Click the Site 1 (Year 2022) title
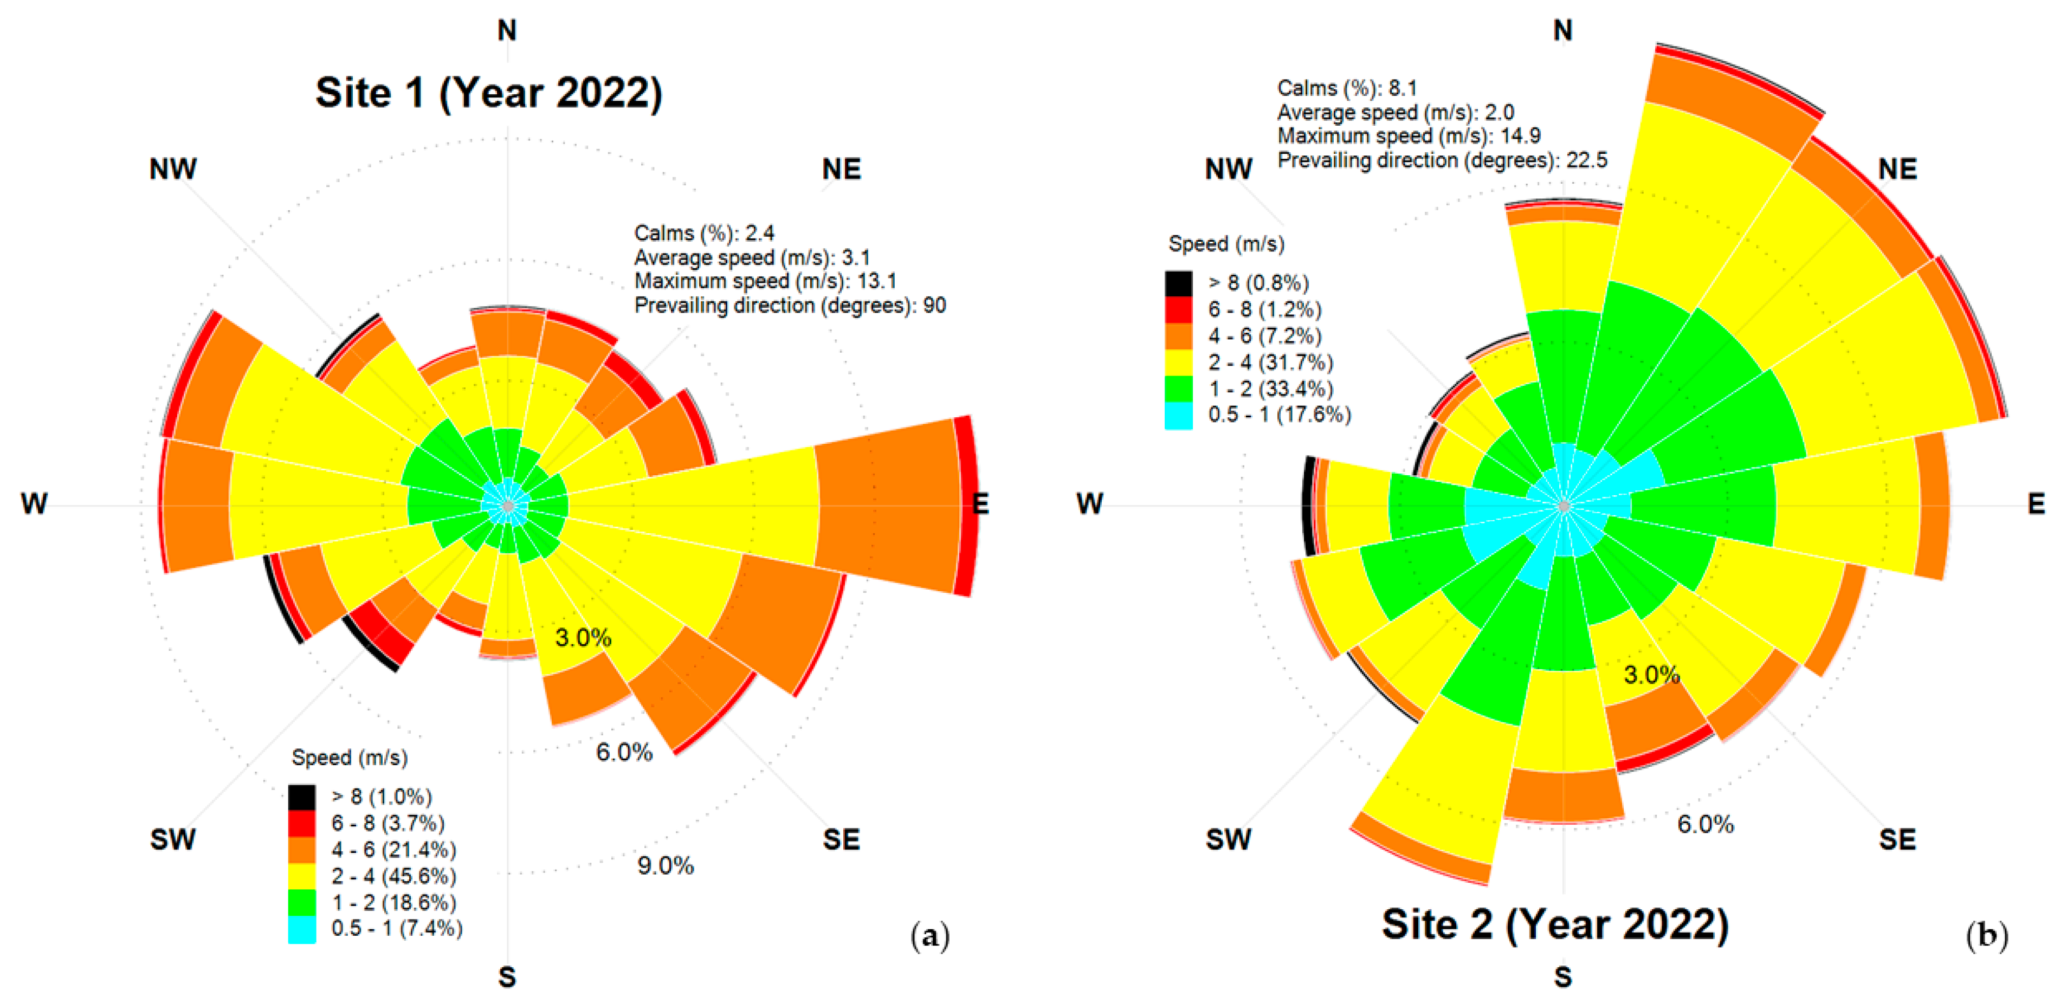coord(489,94)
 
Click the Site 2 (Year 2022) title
coord(1554,924)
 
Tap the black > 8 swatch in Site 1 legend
coord(301,797)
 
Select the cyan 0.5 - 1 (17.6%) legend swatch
coord(1178,415)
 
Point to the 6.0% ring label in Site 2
coord(1705,824)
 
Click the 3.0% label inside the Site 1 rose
coord(583,637)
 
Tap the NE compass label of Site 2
coord(1897,170)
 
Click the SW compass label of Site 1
coord(173,839)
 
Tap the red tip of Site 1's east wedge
coord(965,506)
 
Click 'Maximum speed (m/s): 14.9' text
coord(1408,136)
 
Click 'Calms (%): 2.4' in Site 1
coord(703,234)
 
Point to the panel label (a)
coord(930,935)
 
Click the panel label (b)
coord(1986,935)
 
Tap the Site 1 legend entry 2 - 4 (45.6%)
coord(393,876)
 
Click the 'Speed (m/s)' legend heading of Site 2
coord(1226,244)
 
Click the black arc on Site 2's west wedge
coord(1308,506)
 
